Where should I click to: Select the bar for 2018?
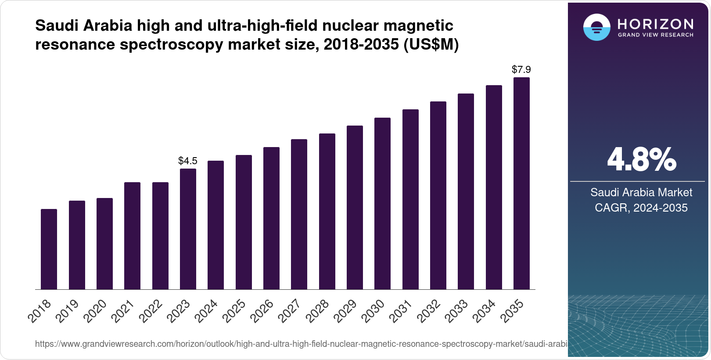click(x=49, y=249)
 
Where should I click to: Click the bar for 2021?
click(x=132, y=236)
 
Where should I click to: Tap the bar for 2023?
click(x=188, y=229)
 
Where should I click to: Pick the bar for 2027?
click(x=299, y=214)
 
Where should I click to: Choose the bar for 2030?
click(x=382, y=203)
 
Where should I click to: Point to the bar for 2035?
click(x=521, y=184)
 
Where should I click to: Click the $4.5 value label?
click(x=188, y=161)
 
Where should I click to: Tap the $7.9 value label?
click(x=521, y=69)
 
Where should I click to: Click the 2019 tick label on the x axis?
click(x=68, y=310)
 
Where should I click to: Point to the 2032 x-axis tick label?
click(x=429, y=310)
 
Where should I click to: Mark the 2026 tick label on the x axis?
click(x=262, y=310)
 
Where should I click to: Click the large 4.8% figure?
click(x=641, y=160)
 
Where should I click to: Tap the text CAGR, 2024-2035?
click(x=641, y=208)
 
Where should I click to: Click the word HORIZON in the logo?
click(x=656, y=24)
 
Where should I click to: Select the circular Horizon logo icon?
click(x=596, y=27)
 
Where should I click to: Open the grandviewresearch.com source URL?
click(x=301, y=344)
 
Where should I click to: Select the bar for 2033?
click(x=466, y=191)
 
